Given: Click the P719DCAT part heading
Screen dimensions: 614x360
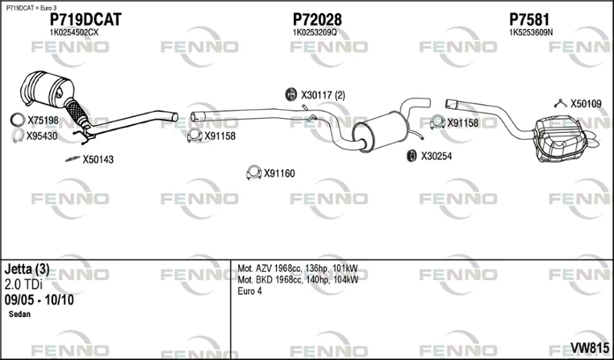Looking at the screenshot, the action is point(85,20).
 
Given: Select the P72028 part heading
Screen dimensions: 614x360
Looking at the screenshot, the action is point(317,20).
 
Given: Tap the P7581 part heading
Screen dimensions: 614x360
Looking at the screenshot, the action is point(529,20).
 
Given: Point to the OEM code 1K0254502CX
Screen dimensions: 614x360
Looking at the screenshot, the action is point(74,33).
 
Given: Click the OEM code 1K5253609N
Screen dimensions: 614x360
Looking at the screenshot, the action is point(530,33).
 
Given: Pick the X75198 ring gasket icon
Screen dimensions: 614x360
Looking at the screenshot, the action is point(18,120).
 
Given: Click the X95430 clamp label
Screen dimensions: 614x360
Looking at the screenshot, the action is point(42,137).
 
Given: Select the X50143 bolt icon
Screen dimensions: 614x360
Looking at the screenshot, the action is point(72,159).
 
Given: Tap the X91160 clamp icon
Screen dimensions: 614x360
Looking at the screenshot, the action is point(254,173).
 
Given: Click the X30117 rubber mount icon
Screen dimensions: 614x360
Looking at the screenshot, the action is point(291,94).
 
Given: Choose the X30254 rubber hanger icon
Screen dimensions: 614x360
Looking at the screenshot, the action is point(412,156).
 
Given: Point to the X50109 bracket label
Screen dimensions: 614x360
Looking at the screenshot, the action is point(586,104).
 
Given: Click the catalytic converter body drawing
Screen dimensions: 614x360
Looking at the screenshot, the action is point(47,89).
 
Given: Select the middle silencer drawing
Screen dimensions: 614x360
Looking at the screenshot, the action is point(381,130).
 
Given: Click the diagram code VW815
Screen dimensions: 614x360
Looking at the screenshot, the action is point(589,348).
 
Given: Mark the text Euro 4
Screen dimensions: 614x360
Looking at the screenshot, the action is point(250,291).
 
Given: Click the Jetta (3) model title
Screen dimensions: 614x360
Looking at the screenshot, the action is point(27,269).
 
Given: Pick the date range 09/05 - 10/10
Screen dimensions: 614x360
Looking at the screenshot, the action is point(39,300).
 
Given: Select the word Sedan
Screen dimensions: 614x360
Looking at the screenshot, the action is point(20,314).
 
